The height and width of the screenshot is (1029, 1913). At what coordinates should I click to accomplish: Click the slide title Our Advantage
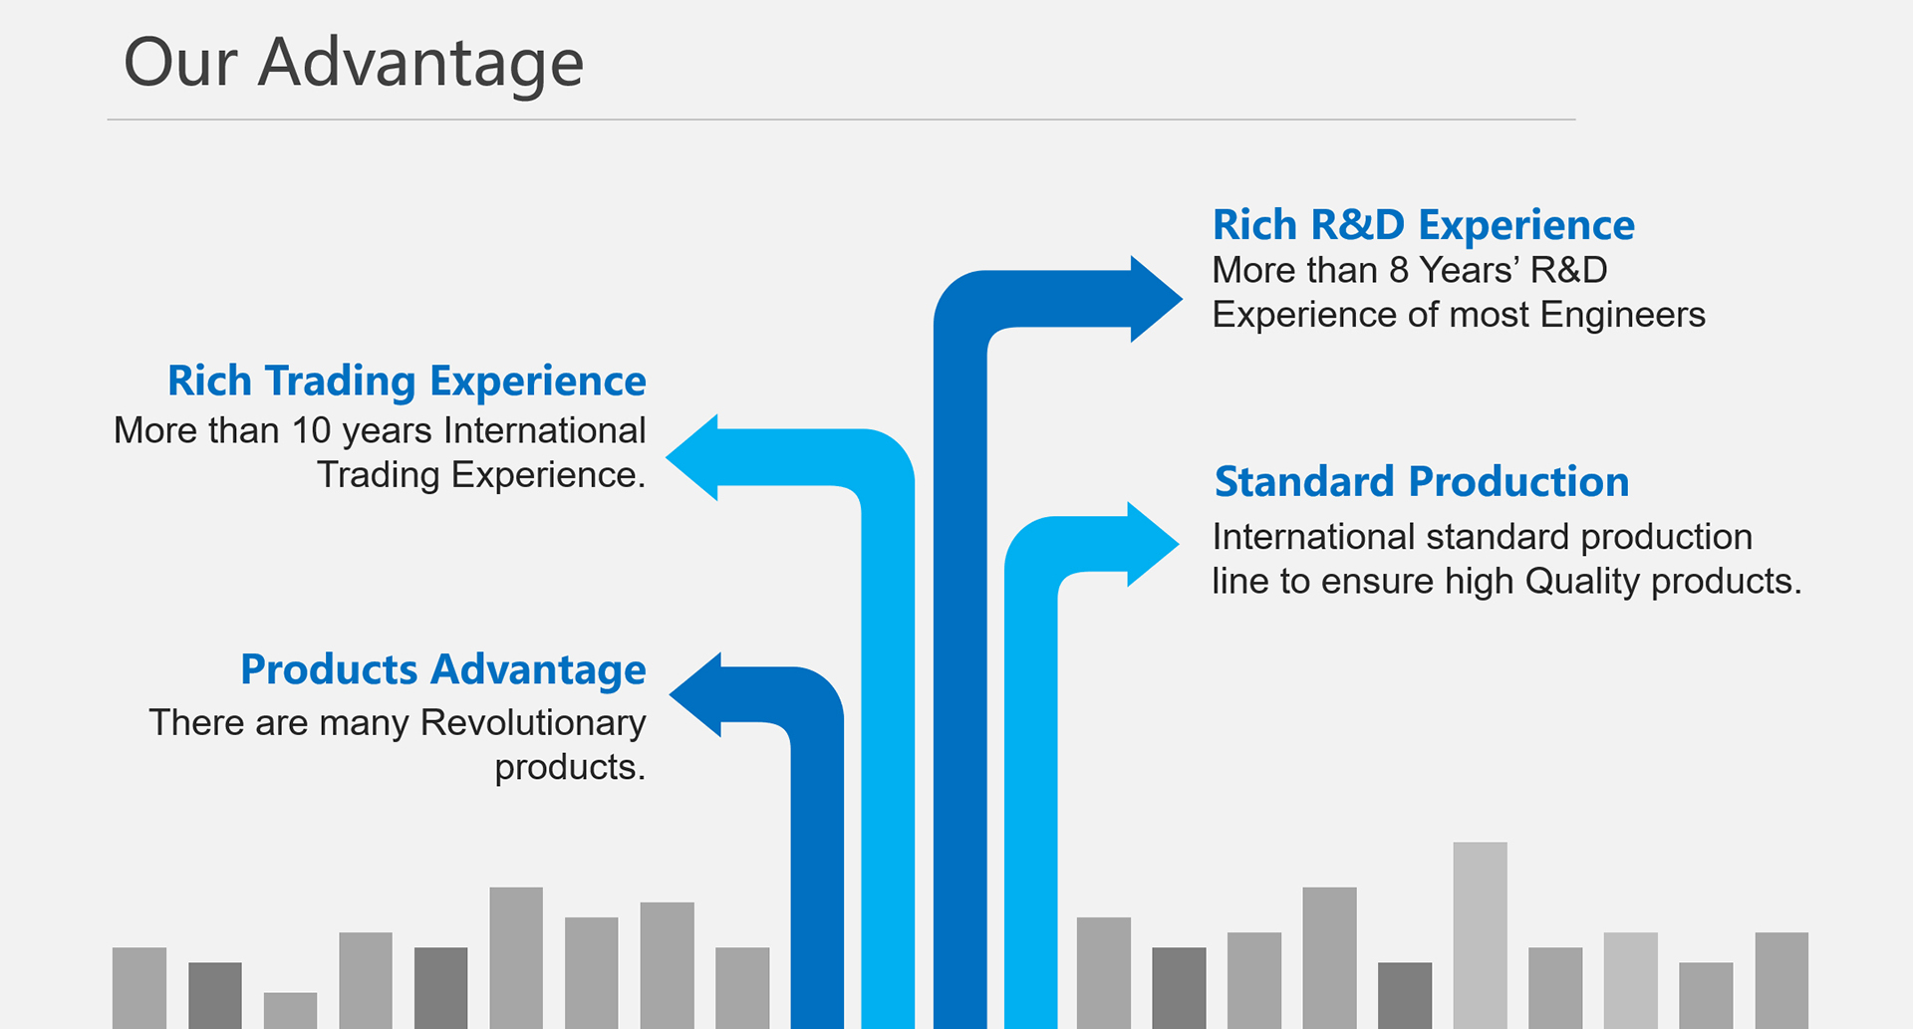[353, 63]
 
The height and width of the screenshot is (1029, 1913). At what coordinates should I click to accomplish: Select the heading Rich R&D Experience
[1423, 225]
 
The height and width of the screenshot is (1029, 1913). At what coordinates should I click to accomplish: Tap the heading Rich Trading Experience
[407, 382]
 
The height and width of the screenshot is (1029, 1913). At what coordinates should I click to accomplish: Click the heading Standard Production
[1422, 482]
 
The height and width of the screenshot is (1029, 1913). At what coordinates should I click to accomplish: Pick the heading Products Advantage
[443, 669]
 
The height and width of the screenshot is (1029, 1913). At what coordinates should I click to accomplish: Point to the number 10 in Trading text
[311, 430]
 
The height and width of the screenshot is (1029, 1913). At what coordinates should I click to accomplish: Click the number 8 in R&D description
[1399, 271]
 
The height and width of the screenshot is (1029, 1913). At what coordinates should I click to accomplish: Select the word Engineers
[1622, 315]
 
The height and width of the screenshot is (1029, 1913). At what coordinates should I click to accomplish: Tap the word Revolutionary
[533, 722]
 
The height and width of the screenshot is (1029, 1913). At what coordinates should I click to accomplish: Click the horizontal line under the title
[841, 120]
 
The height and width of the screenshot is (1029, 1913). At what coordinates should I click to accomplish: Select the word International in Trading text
[544, 430]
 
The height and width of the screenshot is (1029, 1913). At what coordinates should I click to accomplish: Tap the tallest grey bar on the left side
[516, 956]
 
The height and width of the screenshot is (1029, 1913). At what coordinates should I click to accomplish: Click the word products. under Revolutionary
[570, 768]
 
